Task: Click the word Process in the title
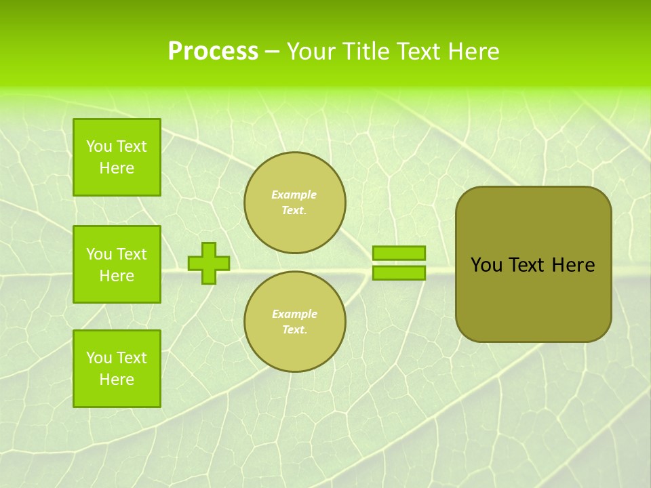[213, 52]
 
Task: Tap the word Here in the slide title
[473, 52]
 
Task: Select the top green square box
[117, 157]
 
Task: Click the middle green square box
[117, 264]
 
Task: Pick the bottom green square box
[117, 369]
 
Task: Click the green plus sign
[208, 263]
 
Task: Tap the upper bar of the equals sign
[399, 253]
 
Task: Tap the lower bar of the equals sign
[399, 272]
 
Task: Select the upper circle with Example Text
[295, 203]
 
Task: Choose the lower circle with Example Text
[295, 322]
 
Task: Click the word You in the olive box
[486, 265]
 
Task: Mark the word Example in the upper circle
[294, 195]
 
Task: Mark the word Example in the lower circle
[294, 314]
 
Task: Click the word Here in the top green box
[117, 168]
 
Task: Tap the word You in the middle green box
[99, 254]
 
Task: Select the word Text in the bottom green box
[131, 358]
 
